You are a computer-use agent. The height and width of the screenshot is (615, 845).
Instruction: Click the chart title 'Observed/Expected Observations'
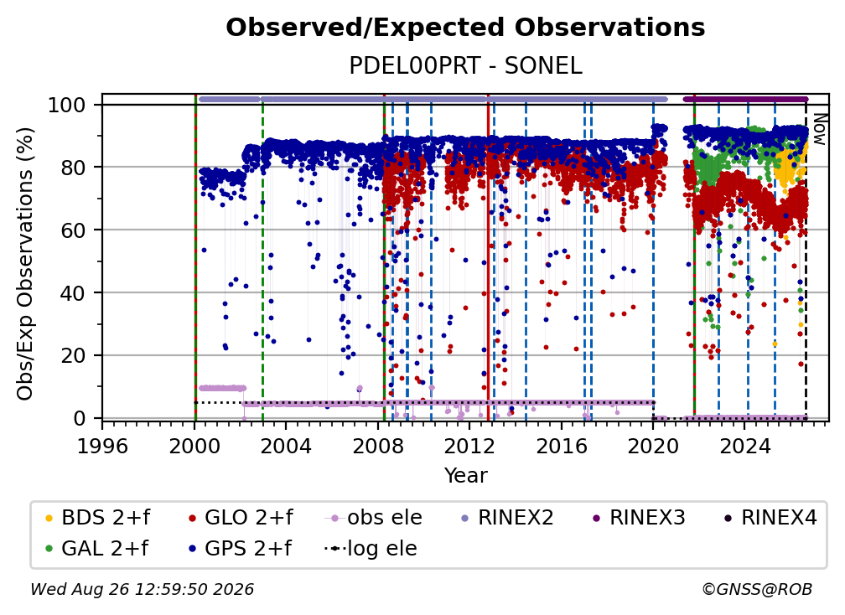tap(465, 28)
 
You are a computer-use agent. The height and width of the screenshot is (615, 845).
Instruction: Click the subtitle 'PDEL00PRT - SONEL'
tap(465, 65)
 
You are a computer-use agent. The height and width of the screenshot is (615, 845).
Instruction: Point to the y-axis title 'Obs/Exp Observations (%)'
tap(25, 264)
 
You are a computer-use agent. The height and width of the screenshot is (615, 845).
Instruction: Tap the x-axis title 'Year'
tap(465, 475)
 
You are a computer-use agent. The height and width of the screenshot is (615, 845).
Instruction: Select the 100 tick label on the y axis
tap(67, 105)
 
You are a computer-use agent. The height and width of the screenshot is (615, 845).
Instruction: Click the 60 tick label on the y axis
tap(73, 230)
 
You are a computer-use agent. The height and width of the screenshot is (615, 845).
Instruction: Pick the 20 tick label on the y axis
tap(73, 355)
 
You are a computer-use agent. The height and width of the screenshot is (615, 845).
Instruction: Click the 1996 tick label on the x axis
tap(102, 446)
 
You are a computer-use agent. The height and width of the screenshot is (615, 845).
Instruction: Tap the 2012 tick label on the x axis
tap(469, 446)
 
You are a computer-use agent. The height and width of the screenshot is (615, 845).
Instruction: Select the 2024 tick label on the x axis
tap(744, 446)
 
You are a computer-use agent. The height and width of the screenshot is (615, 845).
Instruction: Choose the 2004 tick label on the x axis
tap(286, 446)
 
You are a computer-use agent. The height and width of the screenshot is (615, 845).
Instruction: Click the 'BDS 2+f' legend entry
tap(97, 518)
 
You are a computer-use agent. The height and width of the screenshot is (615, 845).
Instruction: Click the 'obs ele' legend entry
tap(374, 518)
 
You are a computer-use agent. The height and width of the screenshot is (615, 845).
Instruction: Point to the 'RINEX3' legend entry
tap(638, 518)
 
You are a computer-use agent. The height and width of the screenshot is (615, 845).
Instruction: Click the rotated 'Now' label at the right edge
tap(819, 129)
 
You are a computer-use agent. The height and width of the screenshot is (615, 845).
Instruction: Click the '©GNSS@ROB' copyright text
tap(757, 589)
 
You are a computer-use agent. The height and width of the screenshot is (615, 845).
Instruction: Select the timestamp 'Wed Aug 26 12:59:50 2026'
tap(143, 589)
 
